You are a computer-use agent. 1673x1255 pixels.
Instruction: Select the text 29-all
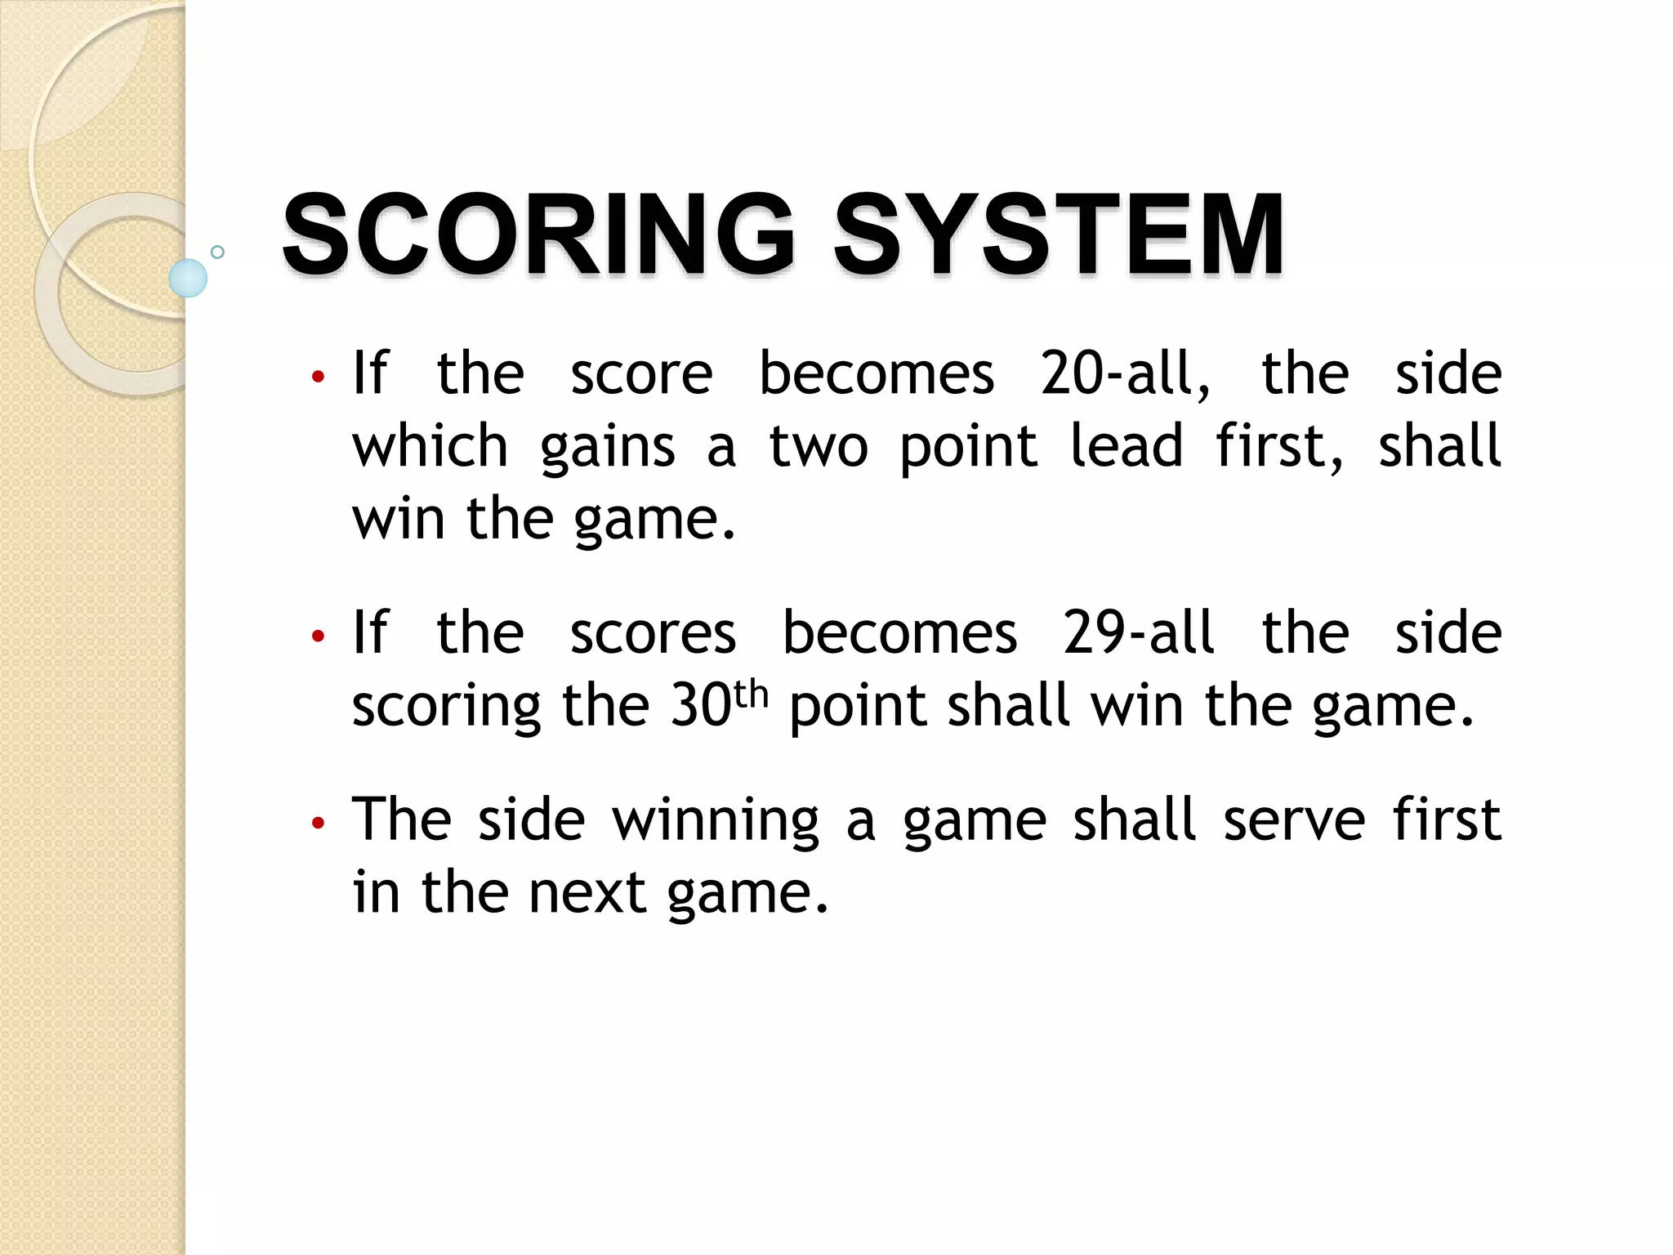pos(1139,633)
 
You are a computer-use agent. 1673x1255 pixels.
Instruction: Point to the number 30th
pos(719,704)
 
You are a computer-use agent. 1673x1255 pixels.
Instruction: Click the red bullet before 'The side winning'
pos(319,823)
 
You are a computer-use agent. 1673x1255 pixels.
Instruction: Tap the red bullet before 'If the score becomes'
pos(319,377)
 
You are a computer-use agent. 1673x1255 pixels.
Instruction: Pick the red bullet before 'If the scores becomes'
pos(319,636)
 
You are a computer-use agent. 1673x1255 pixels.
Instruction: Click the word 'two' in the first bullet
pos(819,448)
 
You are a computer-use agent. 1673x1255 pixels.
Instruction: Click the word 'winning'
pos(716,820)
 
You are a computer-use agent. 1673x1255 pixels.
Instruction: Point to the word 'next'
pos(587,892)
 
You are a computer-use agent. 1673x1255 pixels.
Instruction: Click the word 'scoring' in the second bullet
pos(446,707)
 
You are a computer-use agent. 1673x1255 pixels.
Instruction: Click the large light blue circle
pos(188,278)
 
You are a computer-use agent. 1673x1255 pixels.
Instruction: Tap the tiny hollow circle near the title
pos(217,252)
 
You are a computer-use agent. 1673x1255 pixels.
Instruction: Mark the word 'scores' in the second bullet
pos(653,633)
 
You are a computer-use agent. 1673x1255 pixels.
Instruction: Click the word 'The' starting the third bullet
pos(401,819)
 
